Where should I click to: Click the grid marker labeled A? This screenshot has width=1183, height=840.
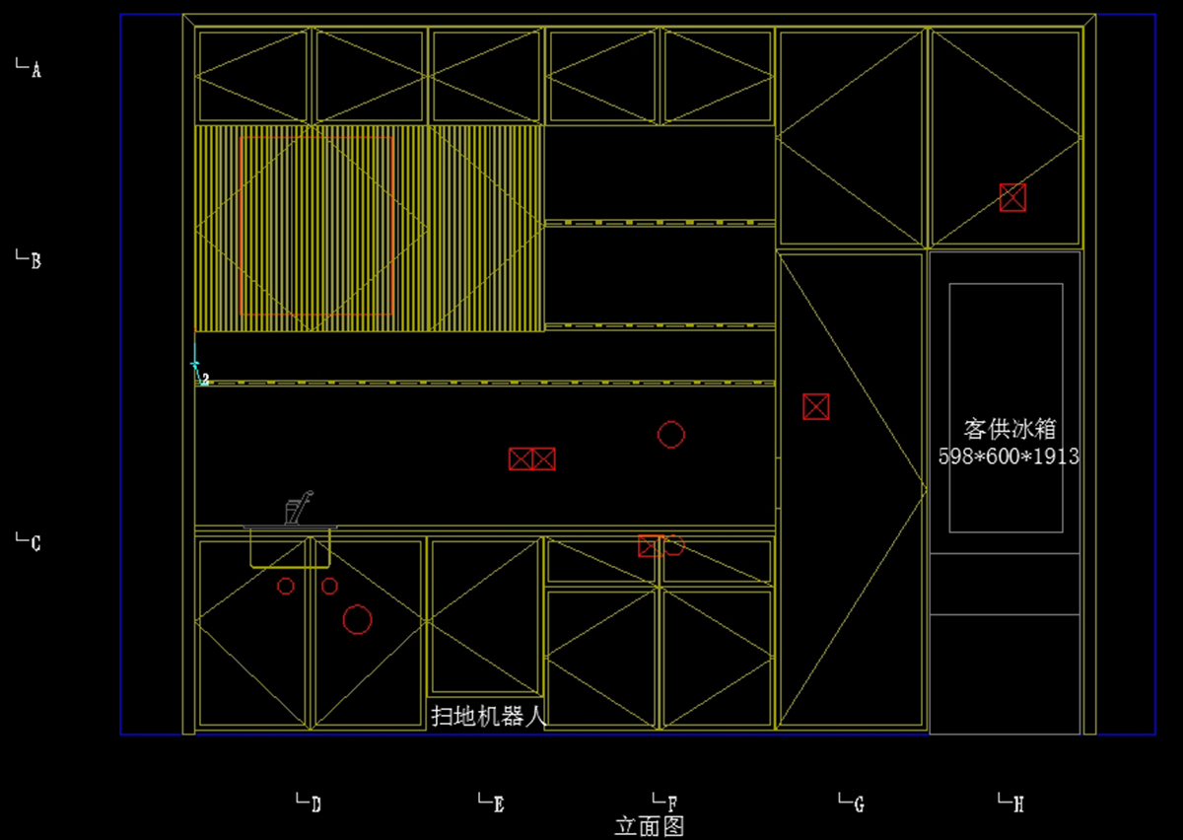point(30,68)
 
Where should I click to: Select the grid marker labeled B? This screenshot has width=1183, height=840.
point(30,260)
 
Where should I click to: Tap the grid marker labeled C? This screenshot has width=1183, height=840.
point(30,541)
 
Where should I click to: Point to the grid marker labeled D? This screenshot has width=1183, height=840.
point(310,803)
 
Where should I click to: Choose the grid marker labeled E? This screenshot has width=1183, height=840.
point(492,803)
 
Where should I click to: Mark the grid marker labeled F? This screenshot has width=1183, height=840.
point(666,803)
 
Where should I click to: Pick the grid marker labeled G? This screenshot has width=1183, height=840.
point(853,803)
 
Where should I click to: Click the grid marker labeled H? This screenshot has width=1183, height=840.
point(1012,803)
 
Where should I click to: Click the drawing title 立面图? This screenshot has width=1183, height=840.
point(649,826)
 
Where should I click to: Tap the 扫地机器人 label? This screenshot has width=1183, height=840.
point(488,716)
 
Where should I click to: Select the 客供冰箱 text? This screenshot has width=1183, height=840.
point(1009,429)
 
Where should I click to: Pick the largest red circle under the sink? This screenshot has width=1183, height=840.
point(357,619)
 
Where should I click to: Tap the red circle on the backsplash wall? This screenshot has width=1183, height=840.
point(671,434)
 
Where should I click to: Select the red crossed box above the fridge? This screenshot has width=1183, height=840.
point(1012,197)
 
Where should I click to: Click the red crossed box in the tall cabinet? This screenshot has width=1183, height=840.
point(815,406)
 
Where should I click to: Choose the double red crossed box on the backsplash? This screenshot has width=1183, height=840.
point(532,458)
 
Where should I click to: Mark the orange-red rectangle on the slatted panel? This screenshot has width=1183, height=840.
point(316,226)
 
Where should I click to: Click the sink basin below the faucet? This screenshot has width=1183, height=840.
point(290,548)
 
